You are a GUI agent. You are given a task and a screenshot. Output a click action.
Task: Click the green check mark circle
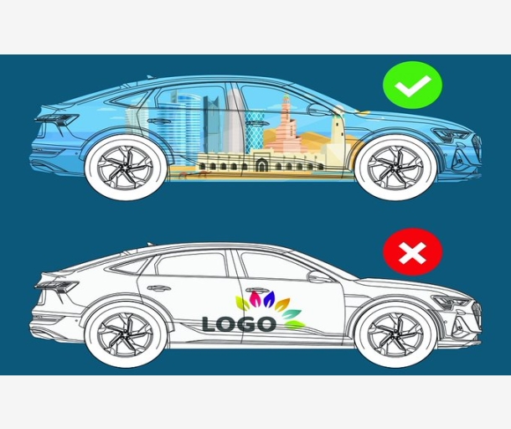pos(412,85)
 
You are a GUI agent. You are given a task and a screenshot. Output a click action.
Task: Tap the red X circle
pos(412,253)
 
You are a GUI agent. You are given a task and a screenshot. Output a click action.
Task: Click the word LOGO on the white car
pos(238,323)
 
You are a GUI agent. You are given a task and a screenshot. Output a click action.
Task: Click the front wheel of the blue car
pos(389,167)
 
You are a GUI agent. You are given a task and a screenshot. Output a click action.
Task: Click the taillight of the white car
pos(55,286)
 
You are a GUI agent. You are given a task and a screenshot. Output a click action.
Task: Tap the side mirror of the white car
pos(319,276)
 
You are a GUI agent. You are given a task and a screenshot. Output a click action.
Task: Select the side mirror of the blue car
pos(319,109)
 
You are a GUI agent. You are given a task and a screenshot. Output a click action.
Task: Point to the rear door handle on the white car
pos(160,288)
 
